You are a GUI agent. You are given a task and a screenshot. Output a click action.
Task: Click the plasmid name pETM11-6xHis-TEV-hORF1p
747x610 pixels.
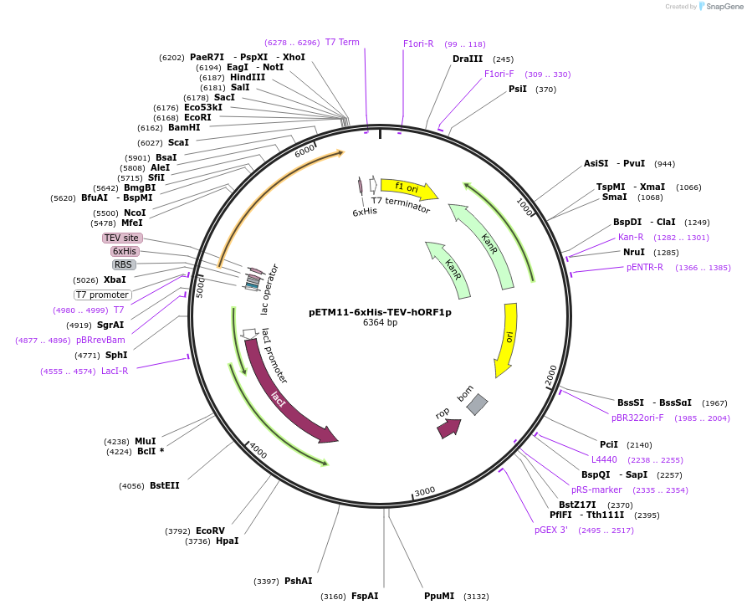[380, 312]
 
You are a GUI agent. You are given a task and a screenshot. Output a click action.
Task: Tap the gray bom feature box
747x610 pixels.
[476, 404]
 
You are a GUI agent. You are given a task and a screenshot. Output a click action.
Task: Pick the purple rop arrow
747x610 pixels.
[448, 428]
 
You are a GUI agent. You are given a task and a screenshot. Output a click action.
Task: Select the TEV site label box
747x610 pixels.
[121, 238]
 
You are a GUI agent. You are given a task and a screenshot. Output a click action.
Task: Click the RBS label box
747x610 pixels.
[124, 264]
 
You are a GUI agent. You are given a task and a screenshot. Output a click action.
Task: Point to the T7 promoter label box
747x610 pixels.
[103, 295]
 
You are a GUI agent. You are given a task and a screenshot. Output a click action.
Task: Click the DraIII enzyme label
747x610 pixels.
[467, 59]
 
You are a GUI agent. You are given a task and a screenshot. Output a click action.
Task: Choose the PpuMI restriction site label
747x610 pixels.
[438, 596]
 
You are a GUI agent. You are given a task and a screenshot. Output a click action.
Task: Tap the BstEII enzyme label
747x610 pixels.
[165, 485]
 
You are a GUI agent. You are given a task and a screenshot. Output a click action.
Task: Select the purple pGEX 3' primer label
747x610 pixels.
[551, 530]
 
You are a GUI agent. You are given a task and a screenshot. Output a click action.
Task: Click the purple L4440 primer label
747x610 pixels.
[604, 459]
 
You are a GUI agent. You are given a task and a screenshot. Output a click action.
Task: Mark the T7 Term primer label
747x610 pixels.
[342, 42]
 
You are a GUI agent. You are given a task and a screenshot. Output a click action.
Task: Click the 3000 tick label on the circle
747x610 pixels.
[425, 491]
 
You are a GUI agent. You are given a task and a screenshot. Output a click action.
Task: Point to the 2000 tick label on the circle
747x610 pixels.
[551, 376]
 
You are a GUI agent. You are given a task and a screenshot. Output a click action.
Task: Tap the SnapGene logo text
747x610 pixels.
[724, 7]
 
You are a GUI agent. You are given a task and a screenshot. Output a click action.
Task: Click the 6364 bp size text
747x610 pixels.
[380, 323]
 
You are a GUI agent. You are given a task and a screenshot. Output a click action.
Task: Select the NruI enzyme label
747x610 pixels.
[633, 252]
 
